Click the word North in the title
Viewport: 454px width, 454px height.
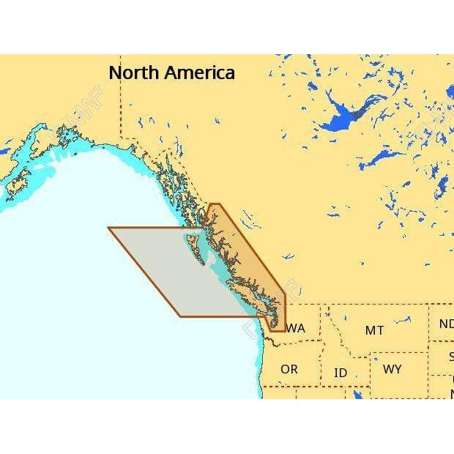[x=134, y=73]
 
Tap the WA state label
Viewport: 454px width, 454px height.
[x=296, y=328]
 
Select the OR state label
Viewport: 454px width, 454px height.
[x=289, y=369]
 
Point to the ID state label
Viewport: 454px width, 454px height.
[x=340, y=373]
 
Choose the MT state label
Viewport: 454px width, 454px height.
[x=374, y=330]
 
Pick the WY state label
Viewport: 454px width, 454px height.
[x=392, y=369]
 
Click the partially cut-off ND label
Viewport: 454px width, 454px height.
[x=446, y=324]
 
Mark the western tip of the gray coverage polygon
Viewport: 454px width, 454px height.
[x=109, y=228]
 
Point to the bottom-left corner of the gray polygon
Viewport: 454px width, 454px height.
[x=179, y=316]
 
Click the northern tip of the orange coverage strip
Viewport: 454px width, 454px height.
[x=215, y=204]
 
